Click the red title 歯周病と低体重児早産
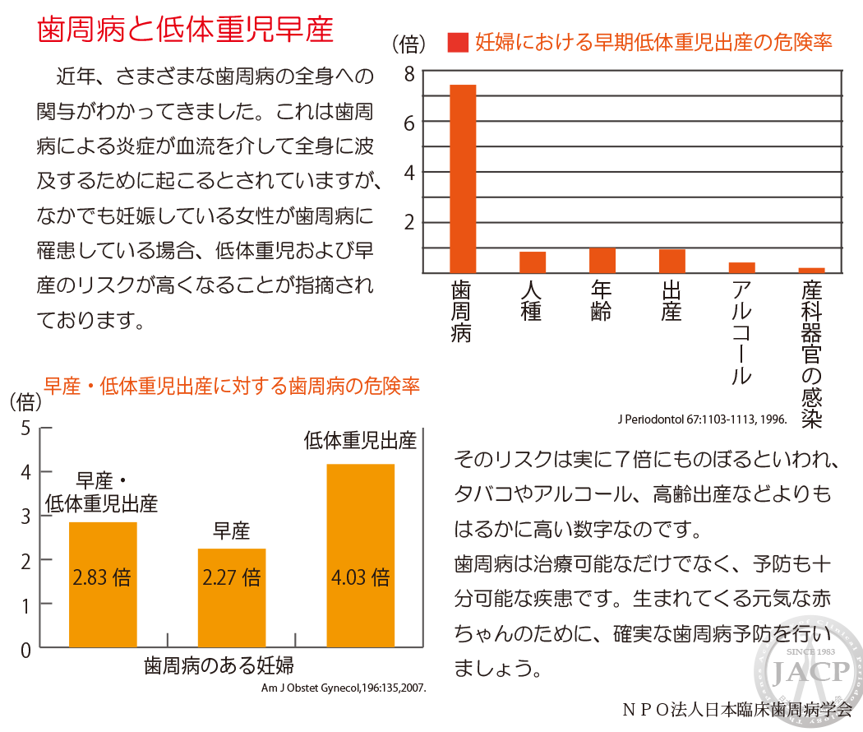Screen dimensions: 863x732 coord(186,29)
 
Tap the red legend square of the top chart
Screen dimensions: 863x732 coord(458,43)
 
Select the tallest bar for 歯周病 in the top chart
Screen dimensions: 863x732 coord(463,179)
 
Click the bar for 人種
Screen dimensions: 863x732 coord(533,262)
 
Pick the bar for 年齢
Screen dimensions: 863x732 coord(602,261)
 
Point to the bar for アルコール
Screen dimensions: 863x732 coord(742,267)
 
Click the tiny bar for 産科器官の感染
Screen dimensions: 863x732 coord(812,271)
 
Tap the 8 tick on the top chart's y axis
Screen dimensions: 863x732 coord(409,74)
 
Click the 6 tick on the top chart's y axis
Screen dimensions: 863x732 coord(409,123)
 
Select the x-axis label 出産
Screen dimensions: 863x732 coord(671,301)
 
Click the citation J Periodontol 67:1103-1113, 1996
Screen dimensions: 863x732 coord(702,419)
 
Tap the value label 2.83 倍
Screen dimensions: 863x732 coord(102,577)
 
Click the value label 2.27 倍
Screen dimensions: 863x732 coord(231,577)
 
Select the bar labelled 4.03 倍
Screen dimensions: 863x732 coord(361,556)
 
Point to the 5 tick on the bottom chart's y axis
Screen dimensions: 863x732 coord(25,428)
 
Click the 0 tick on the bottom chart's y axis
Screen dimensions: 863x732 coord(25,651)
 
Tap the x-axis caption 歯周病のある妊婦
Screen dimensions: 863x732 coord(219,665)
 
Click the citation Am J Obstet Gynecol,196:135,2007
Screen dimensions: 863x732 coord(344,688)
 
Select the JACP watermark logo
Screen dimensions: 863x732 coord(809,671)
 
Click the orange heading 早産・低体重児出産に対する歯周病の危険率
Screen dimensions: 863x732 coord(232,386)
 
